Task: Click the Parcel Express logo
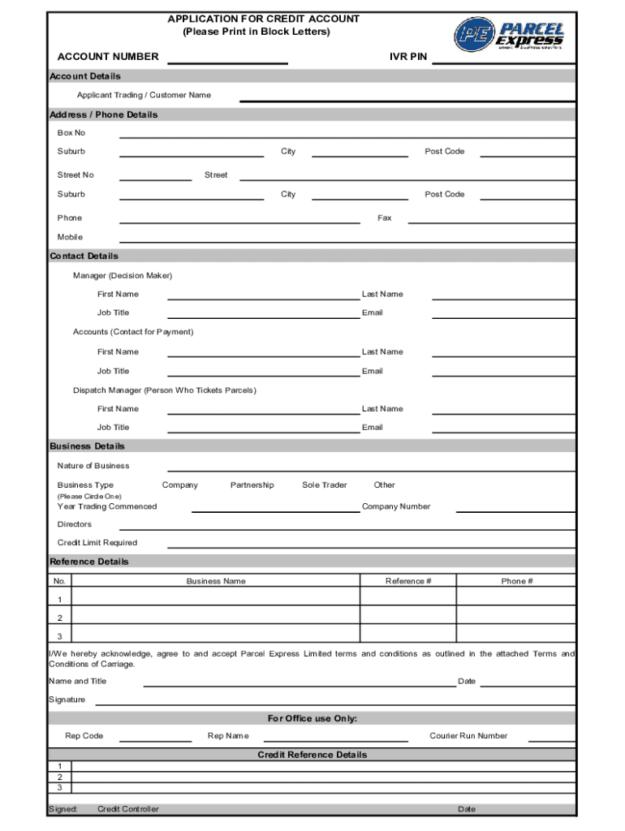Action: [x=508, y=35]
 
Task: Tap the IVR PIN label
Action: [x=408, y=57]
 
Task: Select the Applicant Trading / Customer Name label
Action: [x=144, y=95]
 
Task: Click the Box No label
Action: [x=71, y=132]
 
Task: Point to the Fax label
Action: [x=385, y=217]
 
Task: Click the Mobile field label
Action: [x=70, y=237]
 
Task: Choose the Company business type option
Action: [x=179, y=484]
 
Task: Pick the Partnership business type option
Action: [x=252, y=484]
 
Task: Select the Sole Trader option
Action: [x=324, y=484]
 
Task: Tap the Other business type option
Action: [x=384, y=484]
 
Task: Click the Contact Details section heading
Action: [x=84, y=256]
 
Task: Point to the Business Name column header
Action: [x=216, y=581]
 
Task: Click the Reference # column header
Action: [x=408, y=581]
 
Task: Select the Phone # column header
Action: [x=517, y=581]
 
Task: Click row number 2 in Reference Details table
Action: [x=59, y=618]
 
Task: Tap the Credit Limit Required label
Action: [x=97, y=542]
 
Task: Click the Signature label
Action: [x=67, y=700]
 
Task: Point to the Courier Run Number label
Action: [x=468, y=736]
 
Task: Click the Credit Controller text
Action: [x=128, y=809]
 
